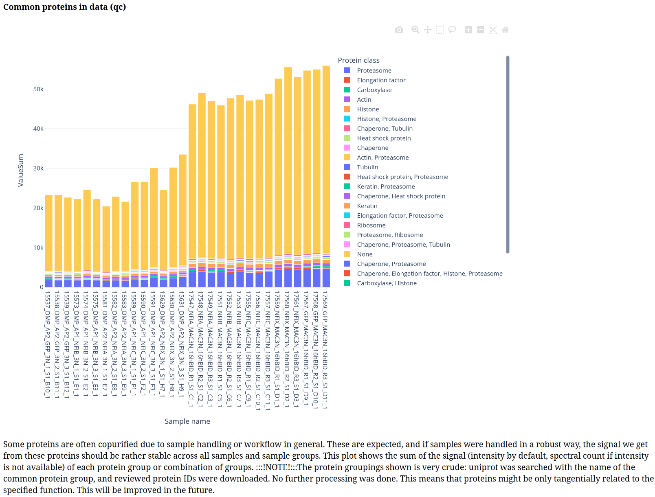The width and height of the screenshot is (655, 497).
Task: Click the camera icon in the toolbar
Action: coord(399,30)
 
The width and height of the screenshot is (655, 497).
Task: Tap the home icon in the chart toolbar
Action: coord(505,30)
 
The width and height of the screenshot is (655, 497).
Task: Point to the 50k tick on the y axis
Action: coord(38,89)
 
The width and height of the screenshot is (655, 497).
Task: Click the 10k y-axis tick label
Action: coord(38,247)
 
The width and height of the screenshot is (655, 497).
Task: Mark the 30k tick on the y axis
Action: coord(38,168)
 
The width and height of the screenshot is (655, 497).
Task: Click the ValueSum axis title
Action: coord(20,170)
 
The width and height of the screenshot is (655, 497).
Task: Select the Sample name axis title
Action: coord(187,421)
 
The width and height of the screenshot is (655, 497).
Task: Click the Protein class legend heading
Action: coord(359,60)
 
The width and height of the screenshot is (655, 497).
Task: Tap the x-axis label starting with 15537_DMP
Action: coord(47,344)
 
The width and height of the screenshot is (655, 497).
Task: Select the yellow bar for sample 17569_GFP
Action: coord(326,160)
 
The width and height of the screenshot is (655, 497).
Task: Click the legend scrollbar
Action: coord(508,154)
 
